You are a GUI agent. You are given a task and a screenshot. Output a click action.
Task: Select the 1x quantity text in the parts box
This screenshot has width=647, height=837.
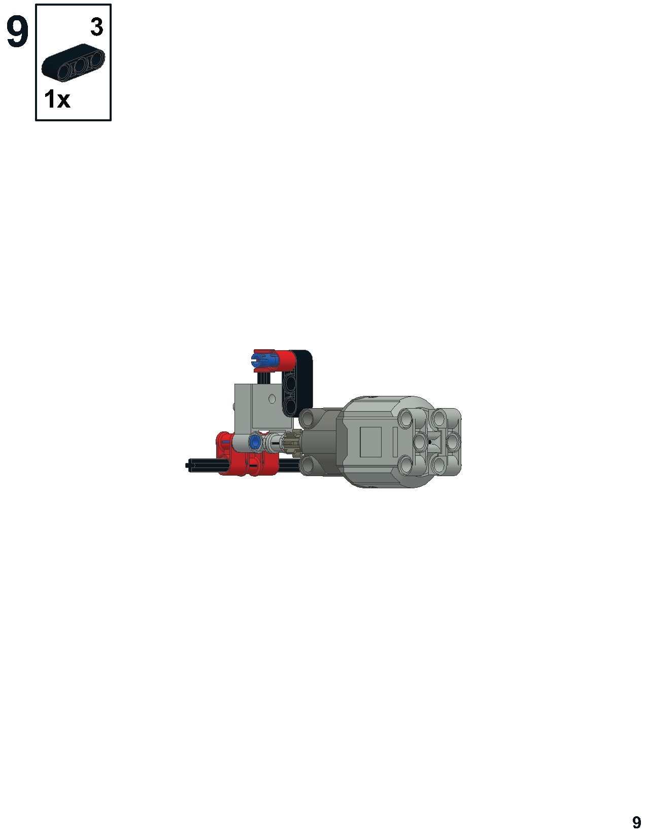[x=57, y=99]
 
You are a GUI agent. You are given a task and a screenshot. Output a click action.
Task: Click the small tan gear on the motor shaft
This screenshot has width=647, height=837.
[x=292, y=443]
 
